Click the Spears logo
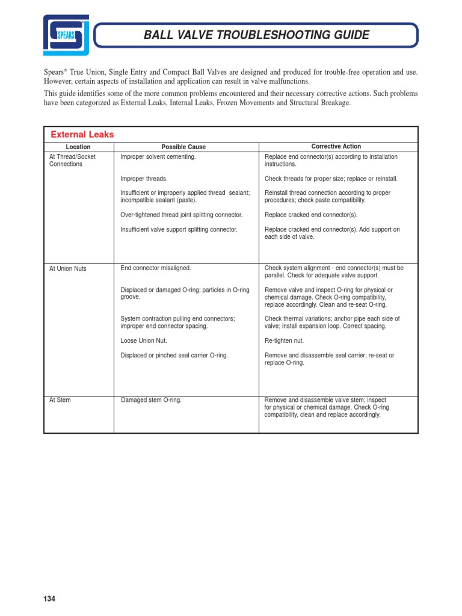coord(66,35)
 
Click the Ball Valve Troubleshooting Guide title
coord(256,35)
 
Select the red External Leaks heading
coord(82,135)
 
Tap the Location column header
coord(78,147)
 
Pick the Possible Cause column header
coord(183,147)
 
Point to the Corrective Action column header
coord(336,146)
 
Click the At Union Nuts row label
coord(67,268)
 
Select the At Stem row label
coord(60,400)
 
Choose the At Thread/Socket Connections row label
coord(72,161)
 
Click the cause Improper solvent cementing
coord(158,157)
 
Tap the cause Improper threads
coord(144,179)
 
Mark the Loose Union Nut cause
coord(144,340)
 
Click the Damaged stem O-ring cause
coord(152,400)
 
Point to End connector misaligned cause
coord(156,268)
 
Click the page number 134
coord(49,599)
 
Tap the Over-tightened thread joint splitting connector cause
coord(182,215)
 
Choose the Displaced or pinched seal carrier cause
coord(174,356)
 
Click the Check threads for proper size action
coord(331,179)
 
